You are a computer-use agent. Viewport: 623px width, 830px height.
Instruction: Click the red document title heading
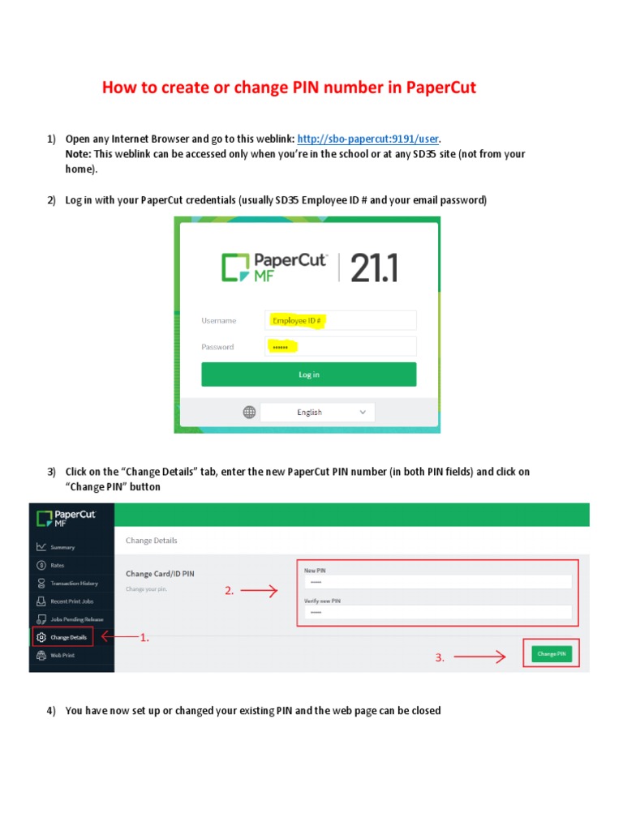coord(289,88)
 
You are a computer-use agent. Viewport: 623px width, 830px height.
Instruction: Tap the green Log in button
coord(308,374)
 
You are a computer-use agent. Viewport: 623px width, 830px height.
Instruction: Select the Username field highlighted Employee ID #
coord(340,320)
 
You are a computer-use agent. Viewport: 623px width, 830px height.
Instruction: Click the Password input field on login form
coord(340,347)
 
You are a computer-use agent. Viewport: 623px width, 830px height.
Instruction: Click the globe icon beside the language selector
coord(250,412)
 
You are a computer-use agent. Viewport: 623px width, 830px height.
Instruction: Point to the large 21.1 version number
coord(374,267)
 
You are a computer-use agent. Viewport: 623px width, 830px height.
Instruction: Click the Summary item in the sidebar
coord(62,547)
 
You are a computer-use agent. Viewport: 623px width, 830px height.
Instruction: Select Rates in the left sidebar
coord(57,565)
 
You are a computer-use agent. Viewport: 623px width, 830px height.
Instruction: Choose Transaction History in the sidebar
coord(73,584)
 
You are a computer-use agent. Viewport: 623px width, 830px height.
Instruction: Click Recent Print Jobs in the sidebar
coord(71,601)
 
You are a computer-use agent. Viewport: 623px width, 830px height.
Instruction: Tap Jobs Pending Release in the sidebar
coord(76,619)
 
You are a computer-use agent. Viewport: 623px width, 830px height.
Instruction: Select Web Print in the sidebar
coord(62,655)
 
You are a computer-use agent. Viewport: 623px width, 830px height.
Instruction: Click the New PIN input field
coord(438,582)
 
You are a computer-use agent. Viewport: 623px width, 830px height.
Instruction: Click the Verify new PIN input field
coord(438,613)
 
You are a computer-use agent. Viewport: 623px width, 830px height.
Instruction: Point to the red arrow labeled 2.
coord(259,592)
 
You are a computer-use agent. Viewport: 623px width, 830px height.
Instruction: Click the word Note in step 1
coord(78,154)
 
